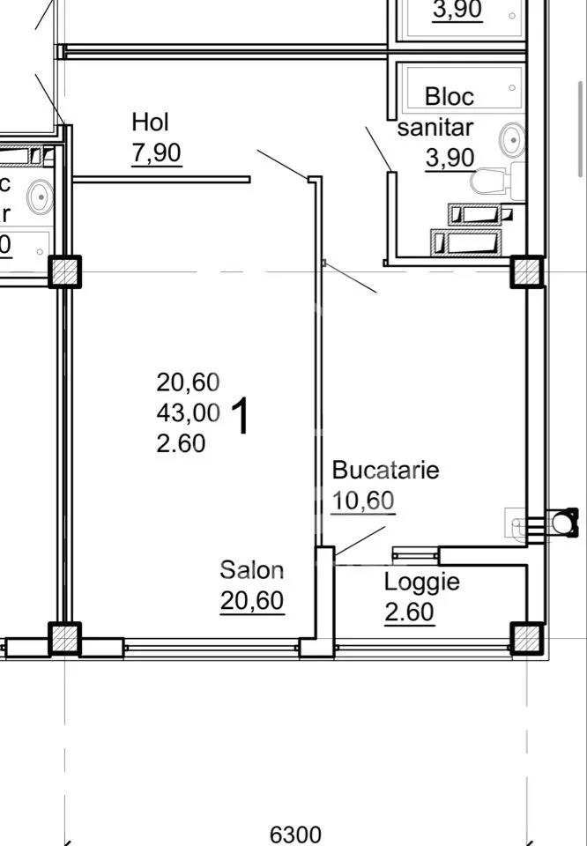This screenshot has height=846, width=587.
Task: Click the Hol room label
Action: (150, 122)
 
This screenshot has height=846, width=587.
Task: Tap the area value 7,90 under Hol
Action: (157, 153)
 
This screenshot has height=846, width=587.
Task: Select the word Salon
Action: (252, 570)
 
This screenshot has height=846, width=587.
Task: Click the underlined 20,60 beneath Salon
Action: (252, 601)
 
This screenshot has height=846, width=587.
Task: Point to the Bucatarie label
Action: (386, 470)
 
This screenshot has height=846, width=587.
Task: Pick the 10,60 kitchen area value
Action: (362, 501)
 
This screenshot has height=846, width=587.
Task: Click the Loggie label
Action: (422, 583)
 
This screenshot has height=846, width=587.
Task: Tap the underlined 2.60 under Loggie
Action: (410, 612)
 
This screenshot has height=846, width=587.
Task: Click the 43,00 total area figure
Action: (189, 413)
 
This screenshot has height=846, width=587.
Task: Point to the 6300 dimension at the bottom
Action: (295, 835)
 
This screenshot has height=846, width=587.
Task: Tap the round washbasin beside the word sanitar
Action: (513, 140)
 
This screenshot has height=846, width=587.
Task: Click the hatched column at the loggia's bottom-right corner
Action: (527, 638)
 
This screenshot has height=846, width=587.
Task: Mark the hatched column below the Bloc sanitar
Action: (527, 271)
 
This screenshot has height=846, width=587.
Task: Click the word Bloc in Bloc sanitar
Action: (450, 97)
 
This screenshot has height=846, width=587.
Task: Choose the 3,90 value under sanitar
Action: (450, 158)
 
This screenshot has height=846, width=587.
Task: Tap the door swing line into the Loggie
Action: (360, 540)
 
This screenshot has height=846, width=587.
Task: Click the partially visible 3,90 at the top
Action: (457, 10)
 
